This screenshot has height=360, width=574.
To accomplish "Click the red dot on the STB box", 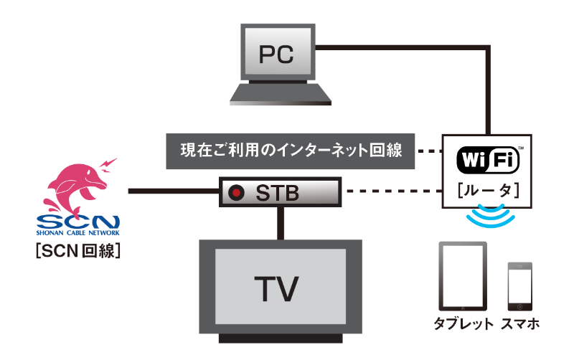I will coord(235,192).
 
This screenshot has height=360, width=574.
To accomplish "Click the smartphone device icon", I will coord(519,285).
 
